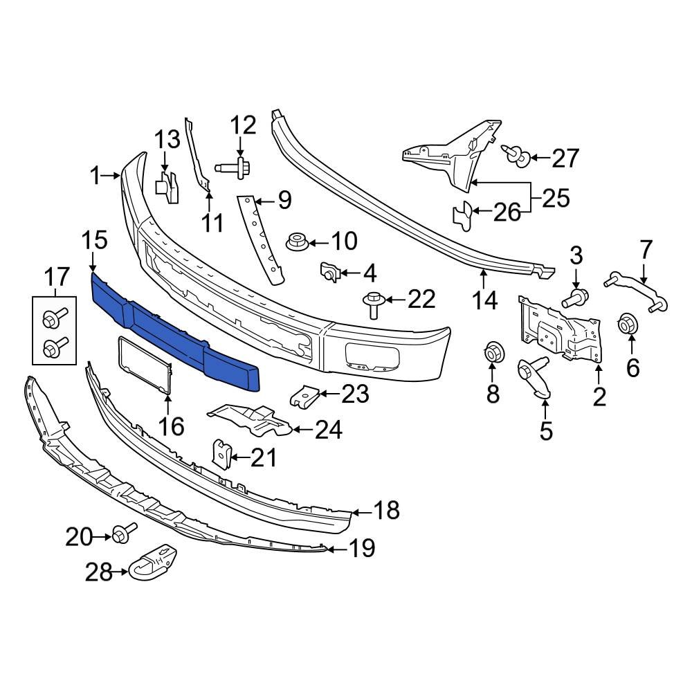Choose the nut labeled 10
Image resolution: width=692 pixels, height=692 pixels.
(296, 242)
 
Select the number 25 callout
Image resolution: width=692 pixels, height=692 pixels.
(555, 198)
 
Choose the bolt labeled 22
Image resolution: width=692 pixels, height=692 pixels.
(373, 304)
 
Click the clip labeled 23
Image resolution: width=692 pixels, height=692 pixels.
(303, 397)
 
